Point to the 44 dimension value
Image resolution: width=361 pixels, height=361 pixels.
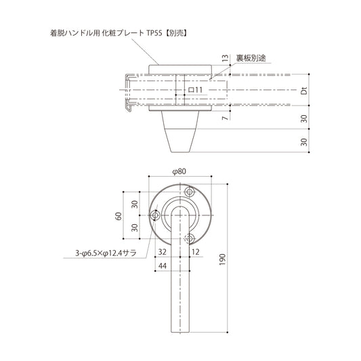[x=163, y=267]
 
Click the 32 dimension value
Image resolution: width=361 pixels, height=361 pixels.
[x=163, y=251]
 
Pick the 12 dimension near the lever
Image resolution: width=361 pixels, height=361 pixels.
[x=196, y=251]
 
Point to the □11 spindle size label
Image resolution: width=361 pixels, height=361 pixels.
[x=194, y=89]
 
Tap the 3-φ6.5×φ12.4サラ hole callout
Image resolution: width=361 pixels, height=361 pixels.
[x=106, y=255]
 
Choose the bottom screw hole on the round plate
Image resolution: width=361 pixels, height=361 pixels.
[x=190, y=238]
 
